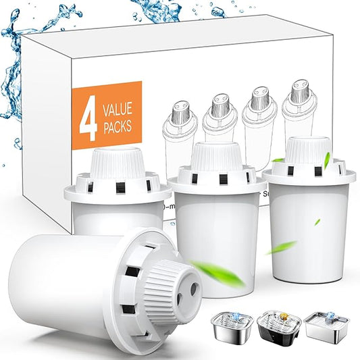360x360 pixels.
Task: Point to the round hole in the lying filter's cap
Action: (x=195, y=287)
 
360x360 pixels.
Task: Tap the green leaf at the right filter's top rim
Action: (x=327, y=159)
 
